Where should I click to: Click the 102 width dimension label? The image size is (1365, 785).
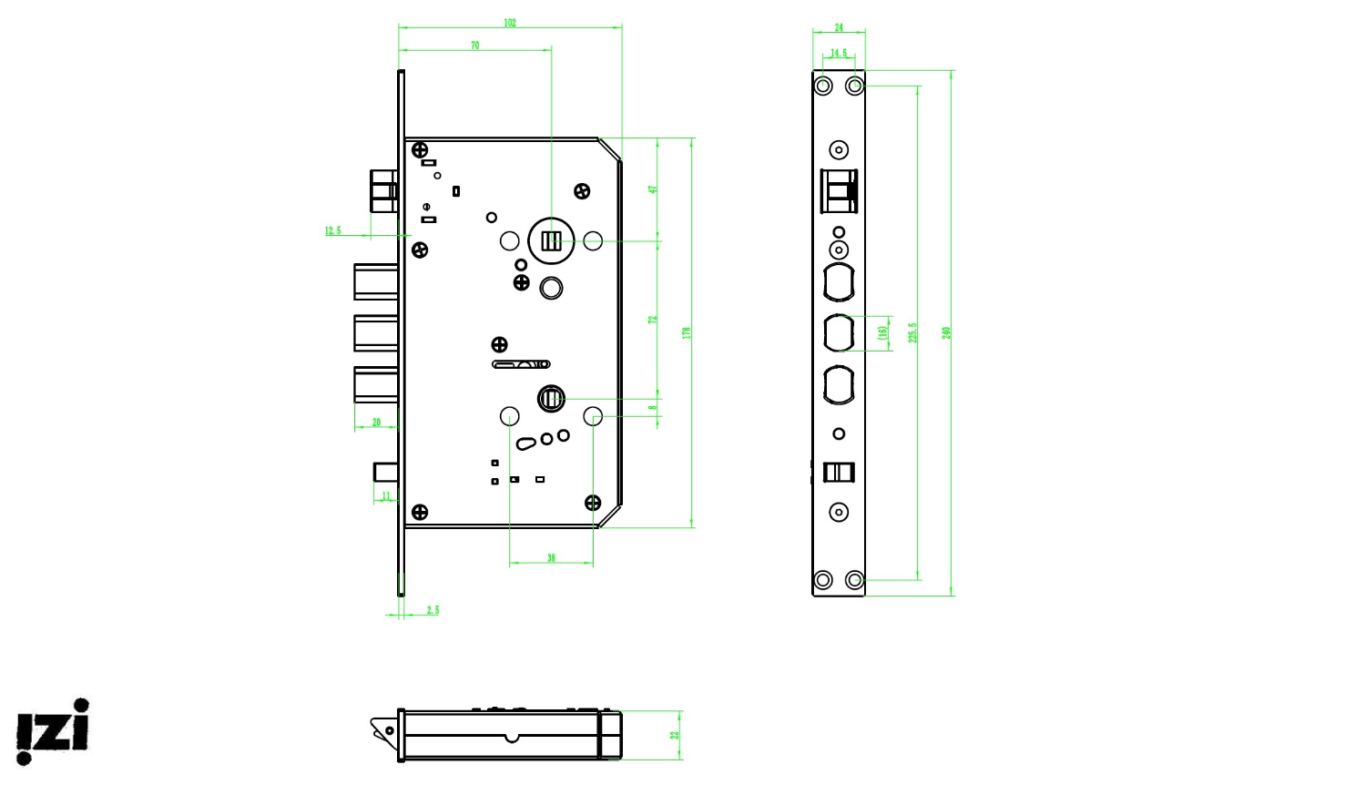pyautogui.click(x=510, y=23)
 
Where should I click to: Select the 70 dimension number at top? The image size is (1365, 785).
pyautogui.click(x=474, y=46)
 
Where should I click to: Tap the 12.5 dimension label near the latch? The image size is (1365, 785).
pyautogui.click(x=333, y=231)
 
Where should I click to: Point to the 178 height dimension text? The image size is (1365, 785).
pyautogui.click(x=687, y=333)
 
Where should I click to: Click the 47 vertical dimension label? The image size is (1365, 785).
pyautogui.click(x=652, y=189)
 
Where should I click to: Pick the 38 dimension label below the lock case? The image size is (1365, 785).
pyautogui.click(x=551, y=558)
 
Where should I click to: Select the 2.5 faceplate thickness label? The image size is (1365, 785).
pyautogui.click(x=433, y=610)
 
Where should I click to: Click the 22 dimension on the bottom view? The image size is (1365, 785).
pyautogui.click(x=675, y=735)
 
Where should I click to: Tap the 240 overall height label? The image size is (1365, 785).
pyautogui.click(x=946, y=333)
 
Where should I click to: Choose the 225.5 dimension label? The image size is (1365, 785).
pyautogui.click(x=912, y=333)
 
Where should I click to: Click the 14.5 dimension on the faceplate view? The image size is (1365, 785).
pyautogui.click(x=839, y=54)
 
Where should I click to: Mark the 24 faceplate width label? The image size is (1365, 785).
pyautogui.click(x=839, y=28)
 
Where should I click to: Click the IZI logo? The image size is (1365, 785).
pyautogui.click(x=53, y=731)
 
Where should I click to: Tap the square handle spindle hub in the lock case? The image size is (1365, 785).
pyautogui.click(x=551, y=241)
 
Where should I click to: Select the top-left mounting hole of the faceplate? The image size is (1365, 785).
pyautogui.click(x=823, y=86)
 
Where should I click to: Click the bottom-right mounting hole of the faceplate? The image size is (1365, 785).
pyautogui.click(x=854, y=580)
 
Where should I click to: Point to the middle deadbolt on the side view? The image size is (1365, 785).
pyautogui.click(x=376, y=333)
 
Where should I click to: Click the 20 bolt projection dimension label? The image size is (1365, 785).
pyautogui.click(x=376, y=423)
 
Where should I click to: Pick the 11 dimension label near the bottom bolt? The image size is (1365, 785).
pyautogui.click(x=386, y=496)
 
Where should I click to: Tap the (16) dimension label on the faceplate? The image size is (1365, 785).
pyautogui.click(x=881, y=333)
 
